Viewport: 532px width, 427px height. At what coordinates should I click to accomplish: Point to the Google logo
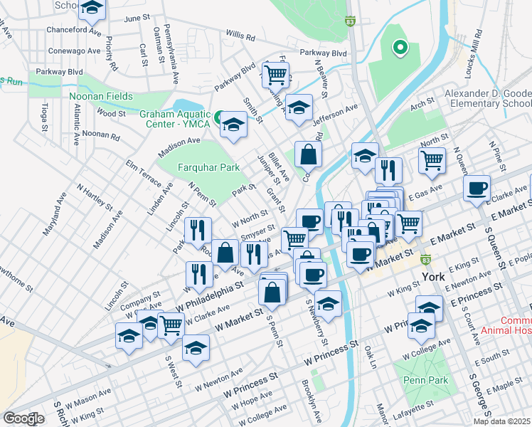click(x=23, y=418)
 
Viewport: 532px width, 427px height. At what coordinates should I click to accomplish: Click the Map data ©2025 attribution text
click(x=501, y=421)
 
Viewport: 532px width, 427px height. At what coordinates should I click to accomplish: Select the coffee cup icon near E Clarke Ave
click(x=477, y=188)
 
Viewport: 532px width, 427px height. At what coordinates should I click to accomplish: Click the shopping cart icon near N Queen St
click(x=432, y=159)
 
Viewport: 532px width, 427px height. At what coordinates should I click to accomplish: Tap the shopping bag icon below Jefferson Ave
click(x=309, y=153)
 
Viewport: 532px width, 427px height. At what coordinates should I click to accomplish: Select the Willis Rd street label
click(x=240, y=34)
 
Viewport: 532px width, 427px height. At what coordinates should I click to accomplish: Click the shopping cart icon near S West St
click(x=171, y=325)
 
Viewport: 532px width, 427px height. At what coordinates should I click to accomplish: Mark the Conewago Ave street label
click(x=74, y=51)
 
